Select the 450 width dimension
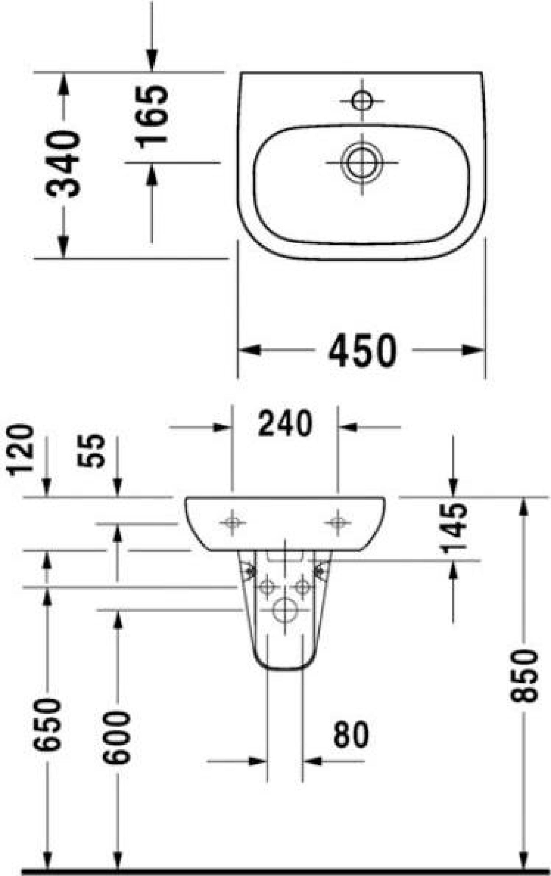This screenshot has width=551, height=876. click(x=362, y=350)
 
